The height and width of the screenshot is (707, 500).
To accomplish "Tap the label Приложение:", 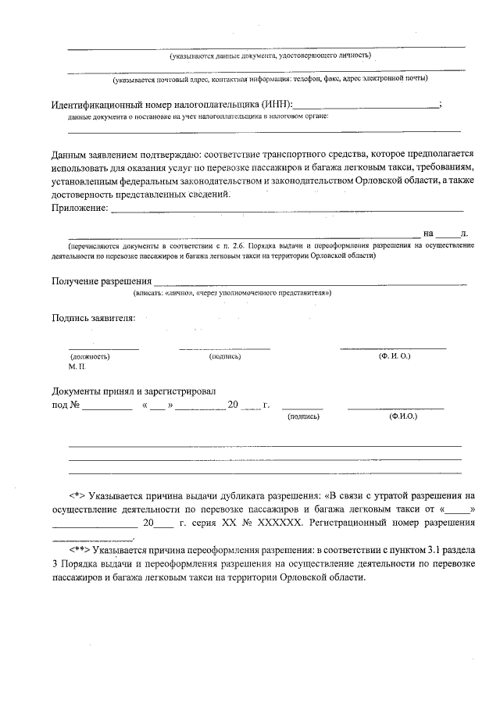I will coord(79,208).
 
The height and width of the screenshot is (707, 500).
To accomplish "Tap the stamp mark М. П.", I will coord(77,366).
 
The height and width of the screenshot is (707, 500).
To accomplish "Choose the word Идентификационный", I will coord(106,105).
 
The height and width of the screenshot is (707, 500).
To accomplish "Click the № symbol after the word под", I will coord(76,405).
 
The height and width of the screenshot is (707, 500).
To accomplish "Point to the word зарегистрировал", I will coord(181,391).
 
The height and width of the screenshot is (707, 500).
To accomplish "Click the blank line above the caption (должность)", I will coord(103,347).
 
